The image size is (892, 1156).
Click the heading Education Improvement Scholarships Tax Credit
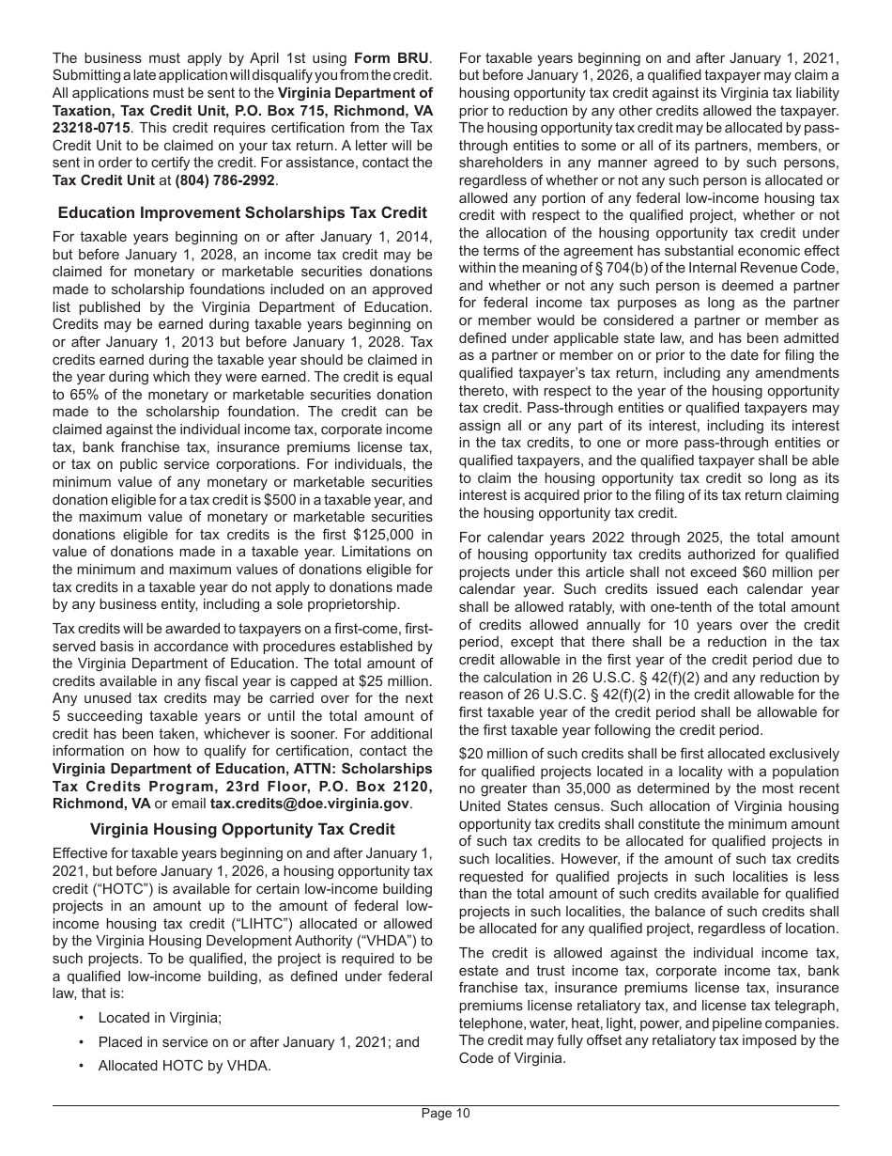[242, 213]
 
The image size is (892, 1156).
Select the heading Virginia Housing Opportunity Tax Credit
[242, 829]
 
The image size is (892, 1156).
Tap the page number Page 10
[446, 1114]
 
